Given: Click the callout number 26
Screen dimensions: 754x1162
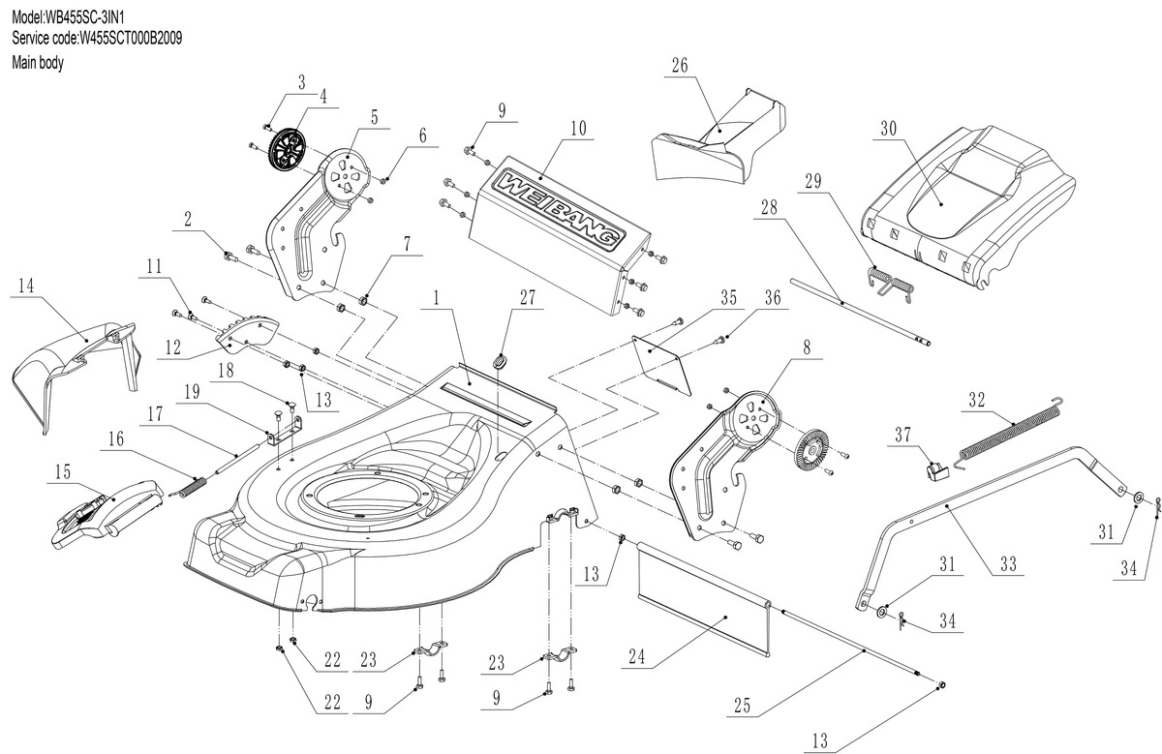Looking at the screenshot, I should [x=680, y=65].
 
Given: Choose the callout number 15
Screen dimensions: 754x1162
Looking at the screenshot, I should [x=63, y=470].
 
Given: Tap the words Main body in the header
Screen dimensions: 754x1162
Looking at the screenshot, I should [x=37, y=62].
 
